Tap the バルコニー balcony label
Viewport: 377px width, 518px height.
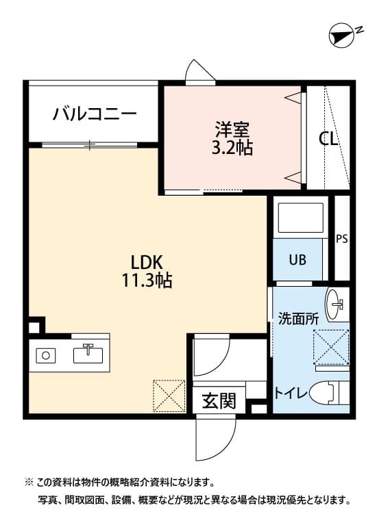tap(95, 114)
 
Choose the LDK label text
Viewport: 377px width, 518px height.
tap(146, 261)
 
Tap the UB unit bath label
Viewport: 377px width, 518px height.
tap(297, 260)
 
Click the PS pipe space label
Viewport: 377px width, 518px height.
tap(341, 239)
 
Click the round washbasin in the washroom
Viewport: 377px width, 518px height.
tap(335, 305)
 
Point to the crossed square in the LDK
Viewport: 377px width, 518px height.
tap(169, 395)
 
